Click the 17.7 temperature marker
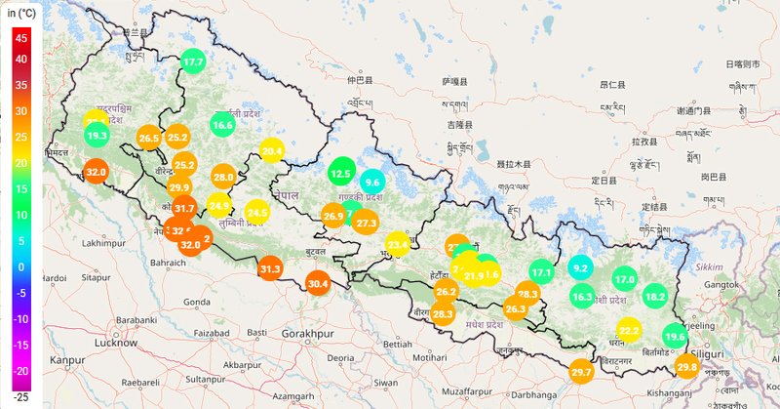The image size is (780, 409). click(193, 61)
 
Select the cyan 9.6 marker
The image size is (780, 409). click(371, 182)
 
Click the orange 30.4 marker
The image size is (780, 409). click(318, 283)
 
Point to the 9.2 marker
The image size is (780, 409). click(581, 267)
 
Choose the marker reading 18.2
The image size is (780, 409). click(655, 296)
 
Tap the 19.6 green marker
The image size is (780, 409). click(675, 337)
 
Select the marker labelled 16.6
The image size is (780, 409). click(222, 125)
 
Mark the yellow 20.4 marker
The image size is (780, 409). click(272, 150)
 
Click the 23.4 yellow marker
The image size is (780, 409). click(398, 243)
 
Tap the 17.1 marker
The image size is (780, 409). click(542, 272)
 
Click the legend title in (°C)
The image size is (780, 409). click(23, 11)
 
